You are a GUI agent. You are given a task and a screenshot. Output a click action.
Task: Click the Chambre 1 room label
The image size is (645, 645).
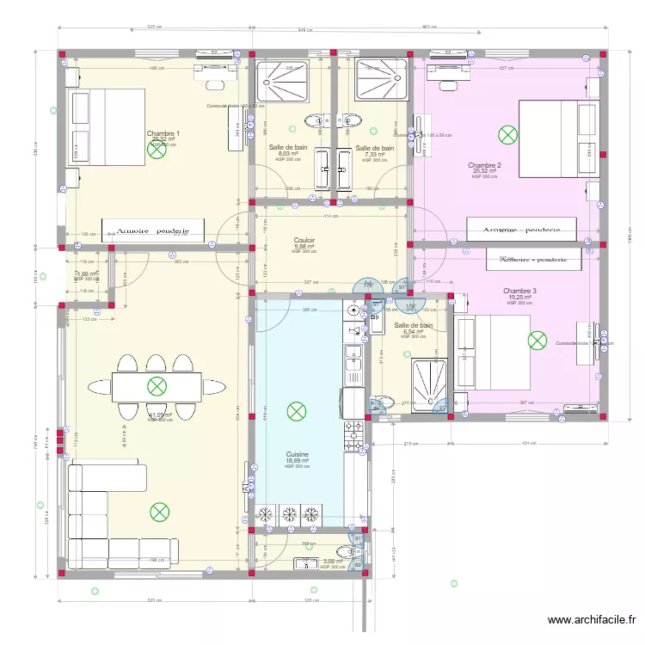[163, 133]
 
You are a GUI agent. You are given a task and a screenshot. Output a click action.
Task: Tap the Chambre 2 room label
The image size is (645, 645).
[484, 165]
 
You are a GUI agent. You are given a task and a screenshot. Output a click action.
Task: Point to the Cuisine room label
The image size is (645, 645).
[298, 454]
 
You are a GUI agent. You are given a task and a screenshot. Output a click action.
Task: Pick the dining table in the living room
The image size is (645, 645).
[156, 386]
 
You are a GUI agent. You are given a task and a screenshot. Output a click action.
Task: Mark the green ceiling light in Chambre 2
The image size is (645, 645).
[508, 134]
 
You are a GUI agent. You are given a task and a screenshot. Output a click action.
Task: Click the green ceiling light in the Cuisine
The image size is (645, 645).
[297, 412]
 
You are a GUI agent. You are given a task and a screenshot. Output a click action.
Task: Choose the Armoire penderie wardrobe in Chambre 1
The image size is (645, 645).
[153, 230]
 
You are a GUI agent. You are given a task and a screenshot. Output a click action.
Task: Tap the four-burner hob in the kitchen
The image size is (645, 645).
[353, 435]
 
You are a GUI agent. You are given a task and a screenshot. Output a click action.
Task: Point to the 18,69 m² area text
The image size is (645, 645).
[298, 461]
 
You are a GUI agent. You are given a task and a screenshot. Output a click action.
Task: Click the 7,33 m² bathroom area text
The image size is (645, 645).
[374, 155]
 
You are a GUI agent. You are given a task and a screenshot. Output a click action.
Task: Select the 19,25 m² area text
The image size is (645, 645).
[519, 298]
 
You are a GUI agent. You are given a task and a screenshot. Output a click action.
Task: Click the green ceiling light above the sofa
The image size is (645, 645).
[159, 513]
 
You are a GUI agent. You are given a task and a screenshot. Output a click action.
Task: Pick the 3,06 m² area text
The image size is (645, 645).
[331, 562]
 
